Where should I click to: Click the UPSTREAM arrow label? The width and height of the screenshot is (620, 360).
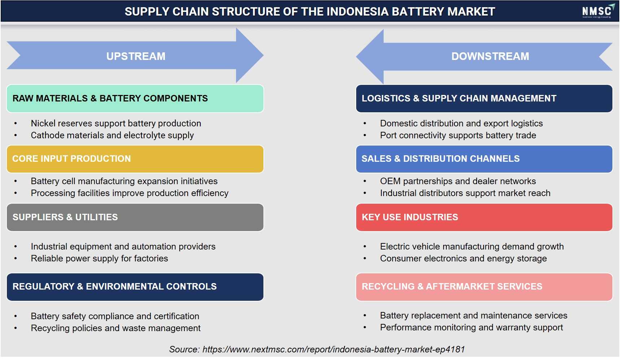(x=136, y=56)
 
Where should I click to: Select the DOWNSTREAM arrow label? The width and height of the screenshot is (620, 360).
(x=490, y=56)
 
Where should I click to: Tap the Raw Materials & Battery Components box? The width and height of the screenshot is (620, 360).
(x=135, y=99)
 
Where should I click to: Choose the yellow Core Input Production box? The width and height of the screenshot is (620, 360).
(x=135, y=159)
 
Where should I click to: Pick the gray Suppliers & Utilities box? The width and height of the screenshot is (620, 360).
(x=135, y=217)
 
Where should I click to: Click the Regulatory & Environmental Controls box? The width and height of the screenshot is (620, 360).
(x=135, y=287)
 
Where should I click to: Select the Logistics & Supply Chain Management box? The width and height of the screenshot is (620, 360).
(x=484, y=99)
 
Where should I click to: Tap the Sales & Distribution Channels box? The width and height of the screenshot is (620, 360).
(x=484, y=159)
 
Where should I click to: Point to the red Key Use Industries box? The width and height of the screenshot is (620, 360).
(x=484, y=217)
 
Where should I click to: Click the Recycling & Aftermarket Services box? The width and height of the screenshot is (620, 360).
(x=484, y=287)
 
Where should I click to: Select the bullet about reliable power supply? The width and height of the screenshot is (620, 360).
(x=99, y=259)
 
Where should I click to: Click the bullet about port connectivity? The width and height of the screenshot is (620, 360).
(x=458, y=135)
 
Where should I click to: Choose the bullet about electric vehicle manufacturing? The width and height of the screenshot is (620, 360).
(x=472, y=247)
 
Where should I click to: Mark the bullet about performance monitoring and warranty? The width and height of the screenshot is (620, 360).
(x=471, y=328)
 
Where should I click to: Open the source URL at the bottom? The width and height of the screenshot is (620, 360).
(x=333, y=350)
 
